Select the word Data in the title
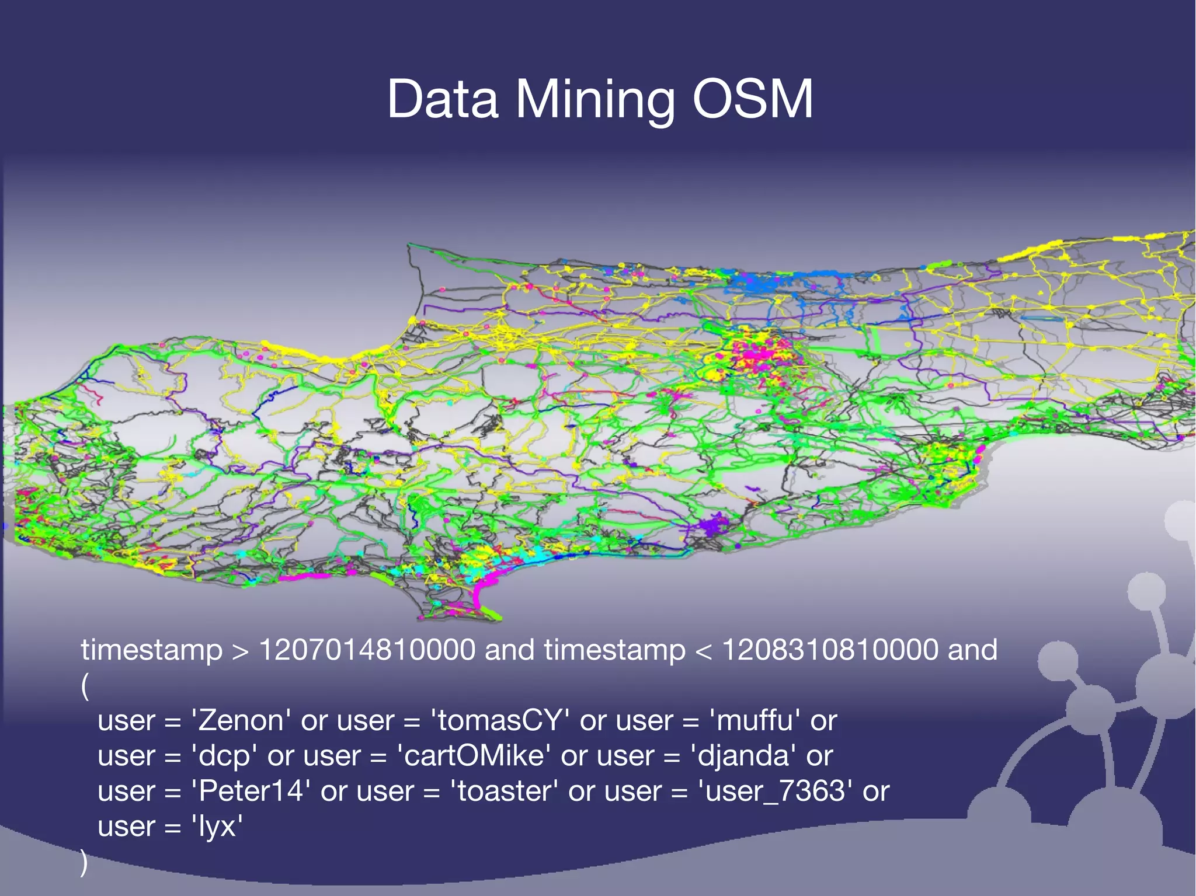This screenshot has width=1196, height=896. point(442,99)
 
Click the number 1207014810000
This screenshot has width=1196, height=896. point(367,650)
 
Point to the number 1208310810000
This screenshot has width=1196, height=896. point(830,650)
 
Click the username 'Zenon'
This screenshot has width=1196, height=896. point(241,720)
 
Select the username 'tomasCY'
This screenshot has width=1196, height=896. point(500,720)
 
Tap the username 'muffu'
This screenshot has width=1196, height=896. point(755,720)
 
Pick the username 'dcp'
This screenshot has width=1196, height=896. point(224,756)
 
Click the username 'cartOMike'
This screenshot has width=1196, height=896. point(474,756)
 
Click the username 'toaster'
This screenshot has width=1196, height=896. point(504,792)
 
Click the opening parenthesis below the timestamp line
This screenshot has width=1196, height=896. point(85,685)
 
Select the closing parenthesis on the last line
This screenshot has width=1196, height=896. point(84,863)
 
